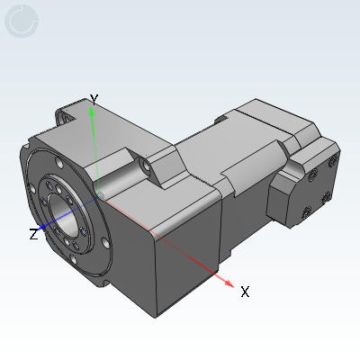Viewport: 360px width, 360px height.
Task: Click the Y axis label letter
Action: pos(94,99)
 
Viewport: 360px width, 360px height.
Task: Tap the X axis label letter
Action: pos(245,292)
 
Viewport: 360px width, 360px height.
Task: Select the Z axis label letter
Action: pos(33,234)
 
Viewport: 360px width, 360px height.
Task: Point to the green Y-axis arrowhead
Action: pos(92,112)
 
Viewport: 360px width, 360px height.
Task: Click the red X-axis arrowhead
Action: pos(229,283)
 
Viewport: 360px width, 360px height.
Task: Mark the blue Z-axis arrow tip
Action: pos(43,227)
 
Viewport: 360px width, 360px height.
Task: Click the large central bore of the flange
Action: pos(64,214)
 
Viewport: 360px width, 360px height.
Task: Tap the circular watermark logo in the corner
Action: pos(22,21)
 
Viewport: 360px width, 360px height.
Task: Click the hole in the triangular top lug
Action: pos(147,166)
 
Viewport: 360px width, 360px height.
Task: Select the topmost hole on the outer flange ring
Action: pos(59,164)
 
